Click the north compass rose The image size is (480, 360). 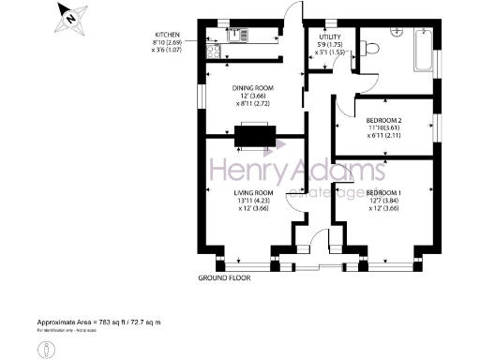pyautogui.click(x=67, y=16)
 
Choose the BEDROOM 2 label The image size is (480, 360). pyautogui.click(x=383, y=121)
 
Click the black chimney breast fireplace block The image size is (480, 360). pyautogui.click(x=253, y=138)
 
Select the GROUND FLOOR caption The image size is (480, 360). pyautogui.click(x=226, y=278)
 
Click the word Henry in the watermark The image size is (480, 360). pyautogui.click(x=245, y=172)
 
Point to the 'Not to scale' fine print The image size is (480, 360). pyautogui.click(x=84, y=330)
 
